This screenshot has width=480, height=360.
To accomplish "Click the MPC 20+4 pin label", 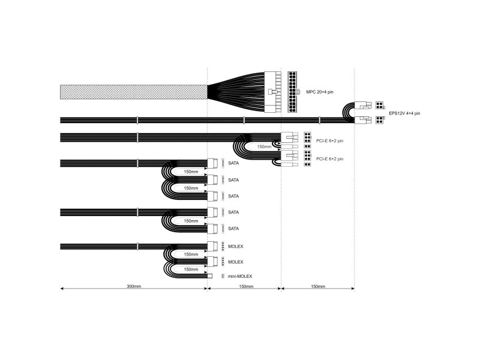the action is (320, 92).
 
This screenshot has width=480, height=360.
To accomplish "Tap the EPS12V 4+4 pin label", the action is (404, 113).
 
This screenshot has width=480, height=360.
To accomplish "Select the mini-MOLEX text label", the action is (240, 276).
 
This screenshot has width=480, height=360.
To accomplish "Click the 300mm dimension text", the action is (134, 287).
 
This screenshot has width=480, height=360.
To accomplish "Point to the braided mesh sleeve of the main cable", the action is (134, 92).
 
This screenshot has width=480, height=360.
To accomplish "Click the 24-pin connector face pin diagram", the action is (292, 92).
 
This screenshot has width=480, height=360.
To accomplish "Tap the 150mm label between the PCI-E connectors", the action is (264, 146).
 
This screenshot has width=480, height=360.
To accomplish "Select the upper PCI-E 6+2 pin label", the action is (329, 141).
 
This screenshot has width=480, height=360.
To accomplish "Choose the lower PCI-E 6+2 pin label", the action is (329, 159).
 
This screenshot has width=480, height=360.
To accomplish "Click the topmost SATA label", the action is (233, 163).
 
